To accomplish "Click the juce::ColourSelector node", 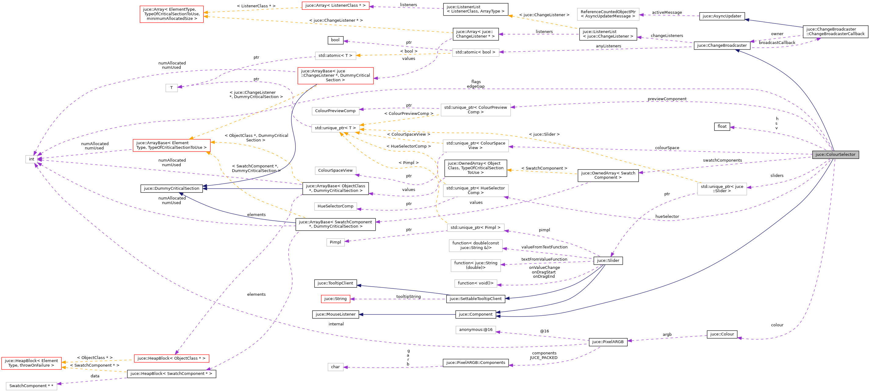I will pos(835,155).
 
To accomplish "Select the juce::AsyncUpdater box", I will pos(722,16).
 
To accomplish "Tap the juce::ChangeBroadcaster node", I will pos(722,45).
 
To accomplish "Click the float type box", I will pos(722,126).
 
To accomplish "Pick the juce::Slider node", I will pos(608,260).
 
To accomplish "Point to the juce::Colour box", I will pos(722,334).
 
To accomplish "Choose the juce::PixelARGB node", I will pos(608,342).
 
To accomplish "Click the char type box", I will pos(335,367).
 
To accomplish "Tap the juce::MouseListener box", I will pos(335,314).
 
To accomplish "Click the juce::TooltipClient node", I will pos(335,283).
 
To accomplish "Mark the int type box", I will pos(31,159).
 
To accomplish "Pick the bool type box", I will pos(335,40).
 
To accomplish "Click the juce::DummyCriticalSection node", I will pos(171,189).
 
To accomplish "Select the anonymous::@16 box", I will pos(475,329).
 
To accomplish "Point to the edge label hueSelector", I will pos(667,216).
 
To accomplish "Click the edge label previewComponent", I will pos(667,99).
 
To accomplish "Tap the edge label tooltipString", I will pos(408,297).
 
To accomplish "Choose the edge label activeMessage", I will pos(667,13).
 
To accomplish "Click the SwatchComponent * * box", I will pos(31,386).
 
